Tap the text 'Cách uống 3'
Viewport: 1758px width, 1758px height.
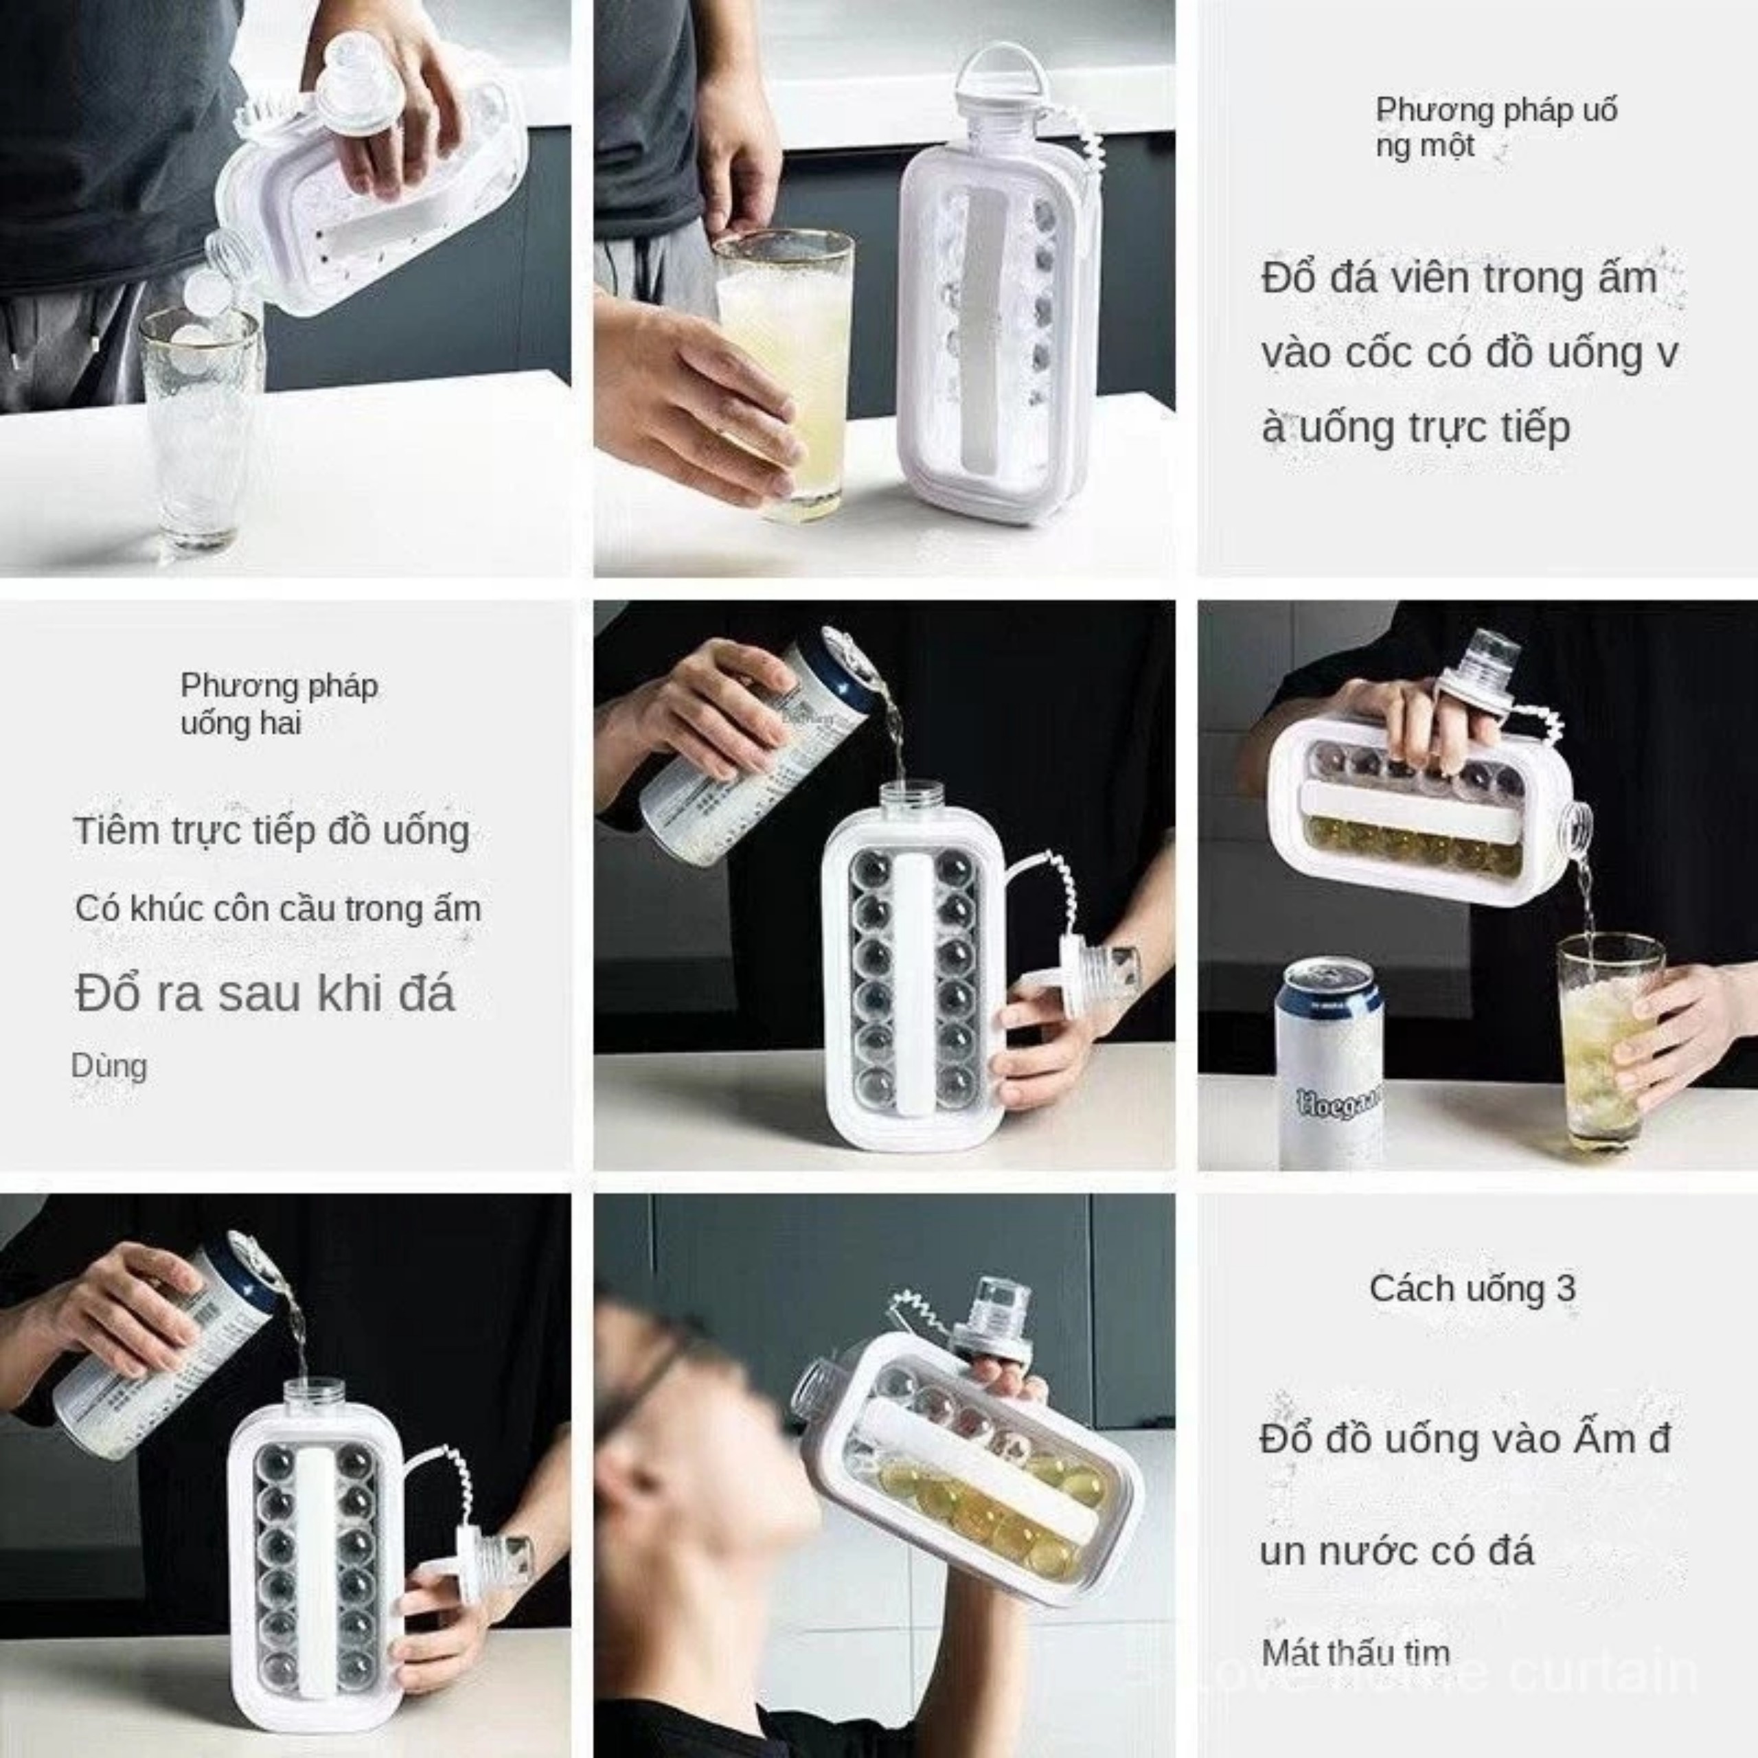tap(1472, 1288)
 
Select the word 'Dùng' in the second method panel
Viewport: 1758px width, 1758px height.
tap(109, 1066)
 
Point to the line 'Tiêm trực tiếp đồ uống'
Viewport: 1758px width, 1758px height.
tap(272, 831)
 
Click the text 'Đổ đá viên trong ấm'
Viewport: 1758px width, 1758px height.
tap(1459, 277)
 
